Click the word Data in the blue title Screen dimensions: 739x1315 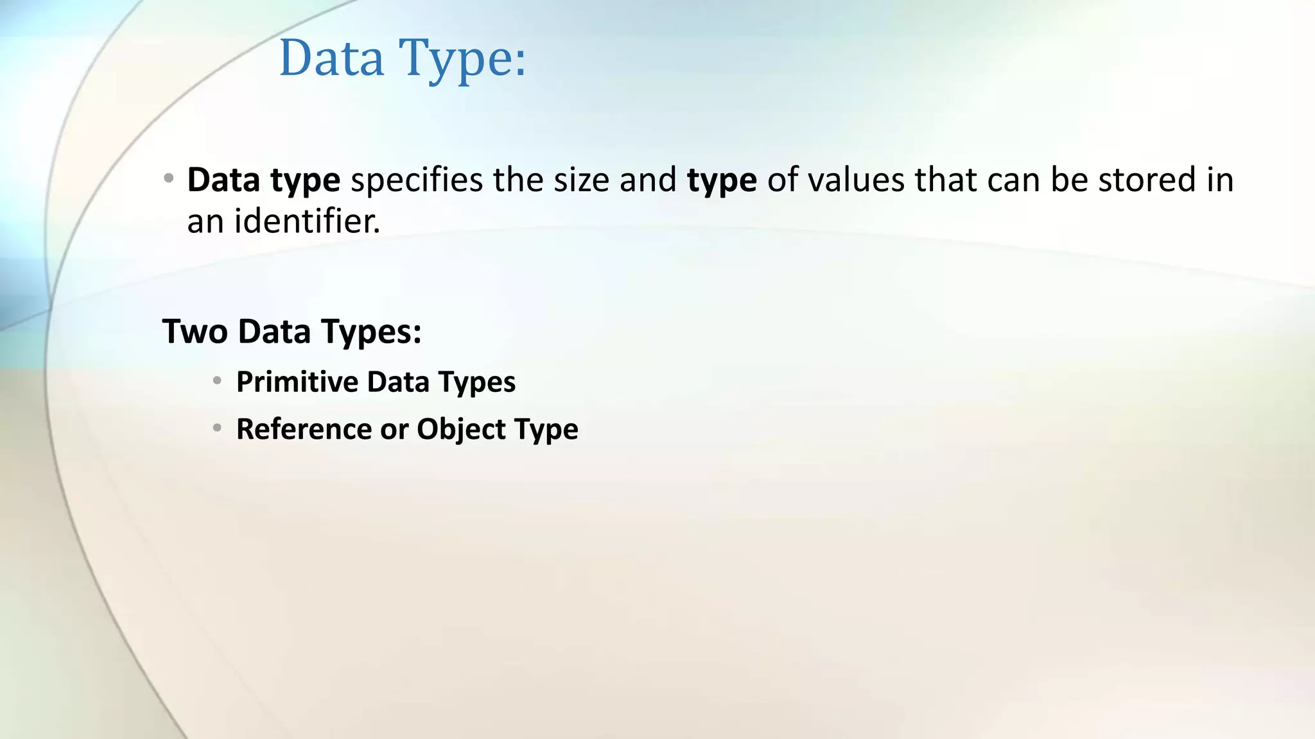coord(331,58)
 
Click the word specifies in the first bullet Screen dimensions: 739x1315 coord(416,180)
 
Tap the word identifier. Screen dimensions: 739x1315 coord(307,221)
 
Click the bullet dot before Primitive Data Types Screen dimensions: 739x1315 coord(218,381)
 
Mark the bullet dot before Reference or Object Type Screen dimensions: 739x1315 coord(218,428)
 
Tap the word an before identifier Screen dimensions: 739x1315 coord(205,222)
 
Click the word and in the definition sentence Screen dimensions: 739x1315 coord(647,180)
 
